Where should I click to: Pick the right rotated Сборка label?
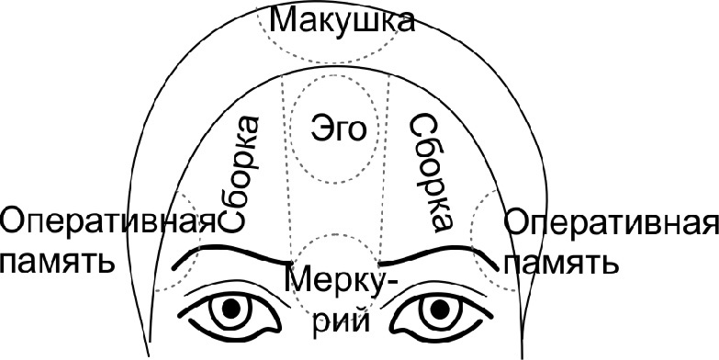(428, 172)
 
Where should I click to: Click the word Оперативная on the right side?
(610, 224)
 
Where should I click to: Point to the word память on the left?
(58, 263)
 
